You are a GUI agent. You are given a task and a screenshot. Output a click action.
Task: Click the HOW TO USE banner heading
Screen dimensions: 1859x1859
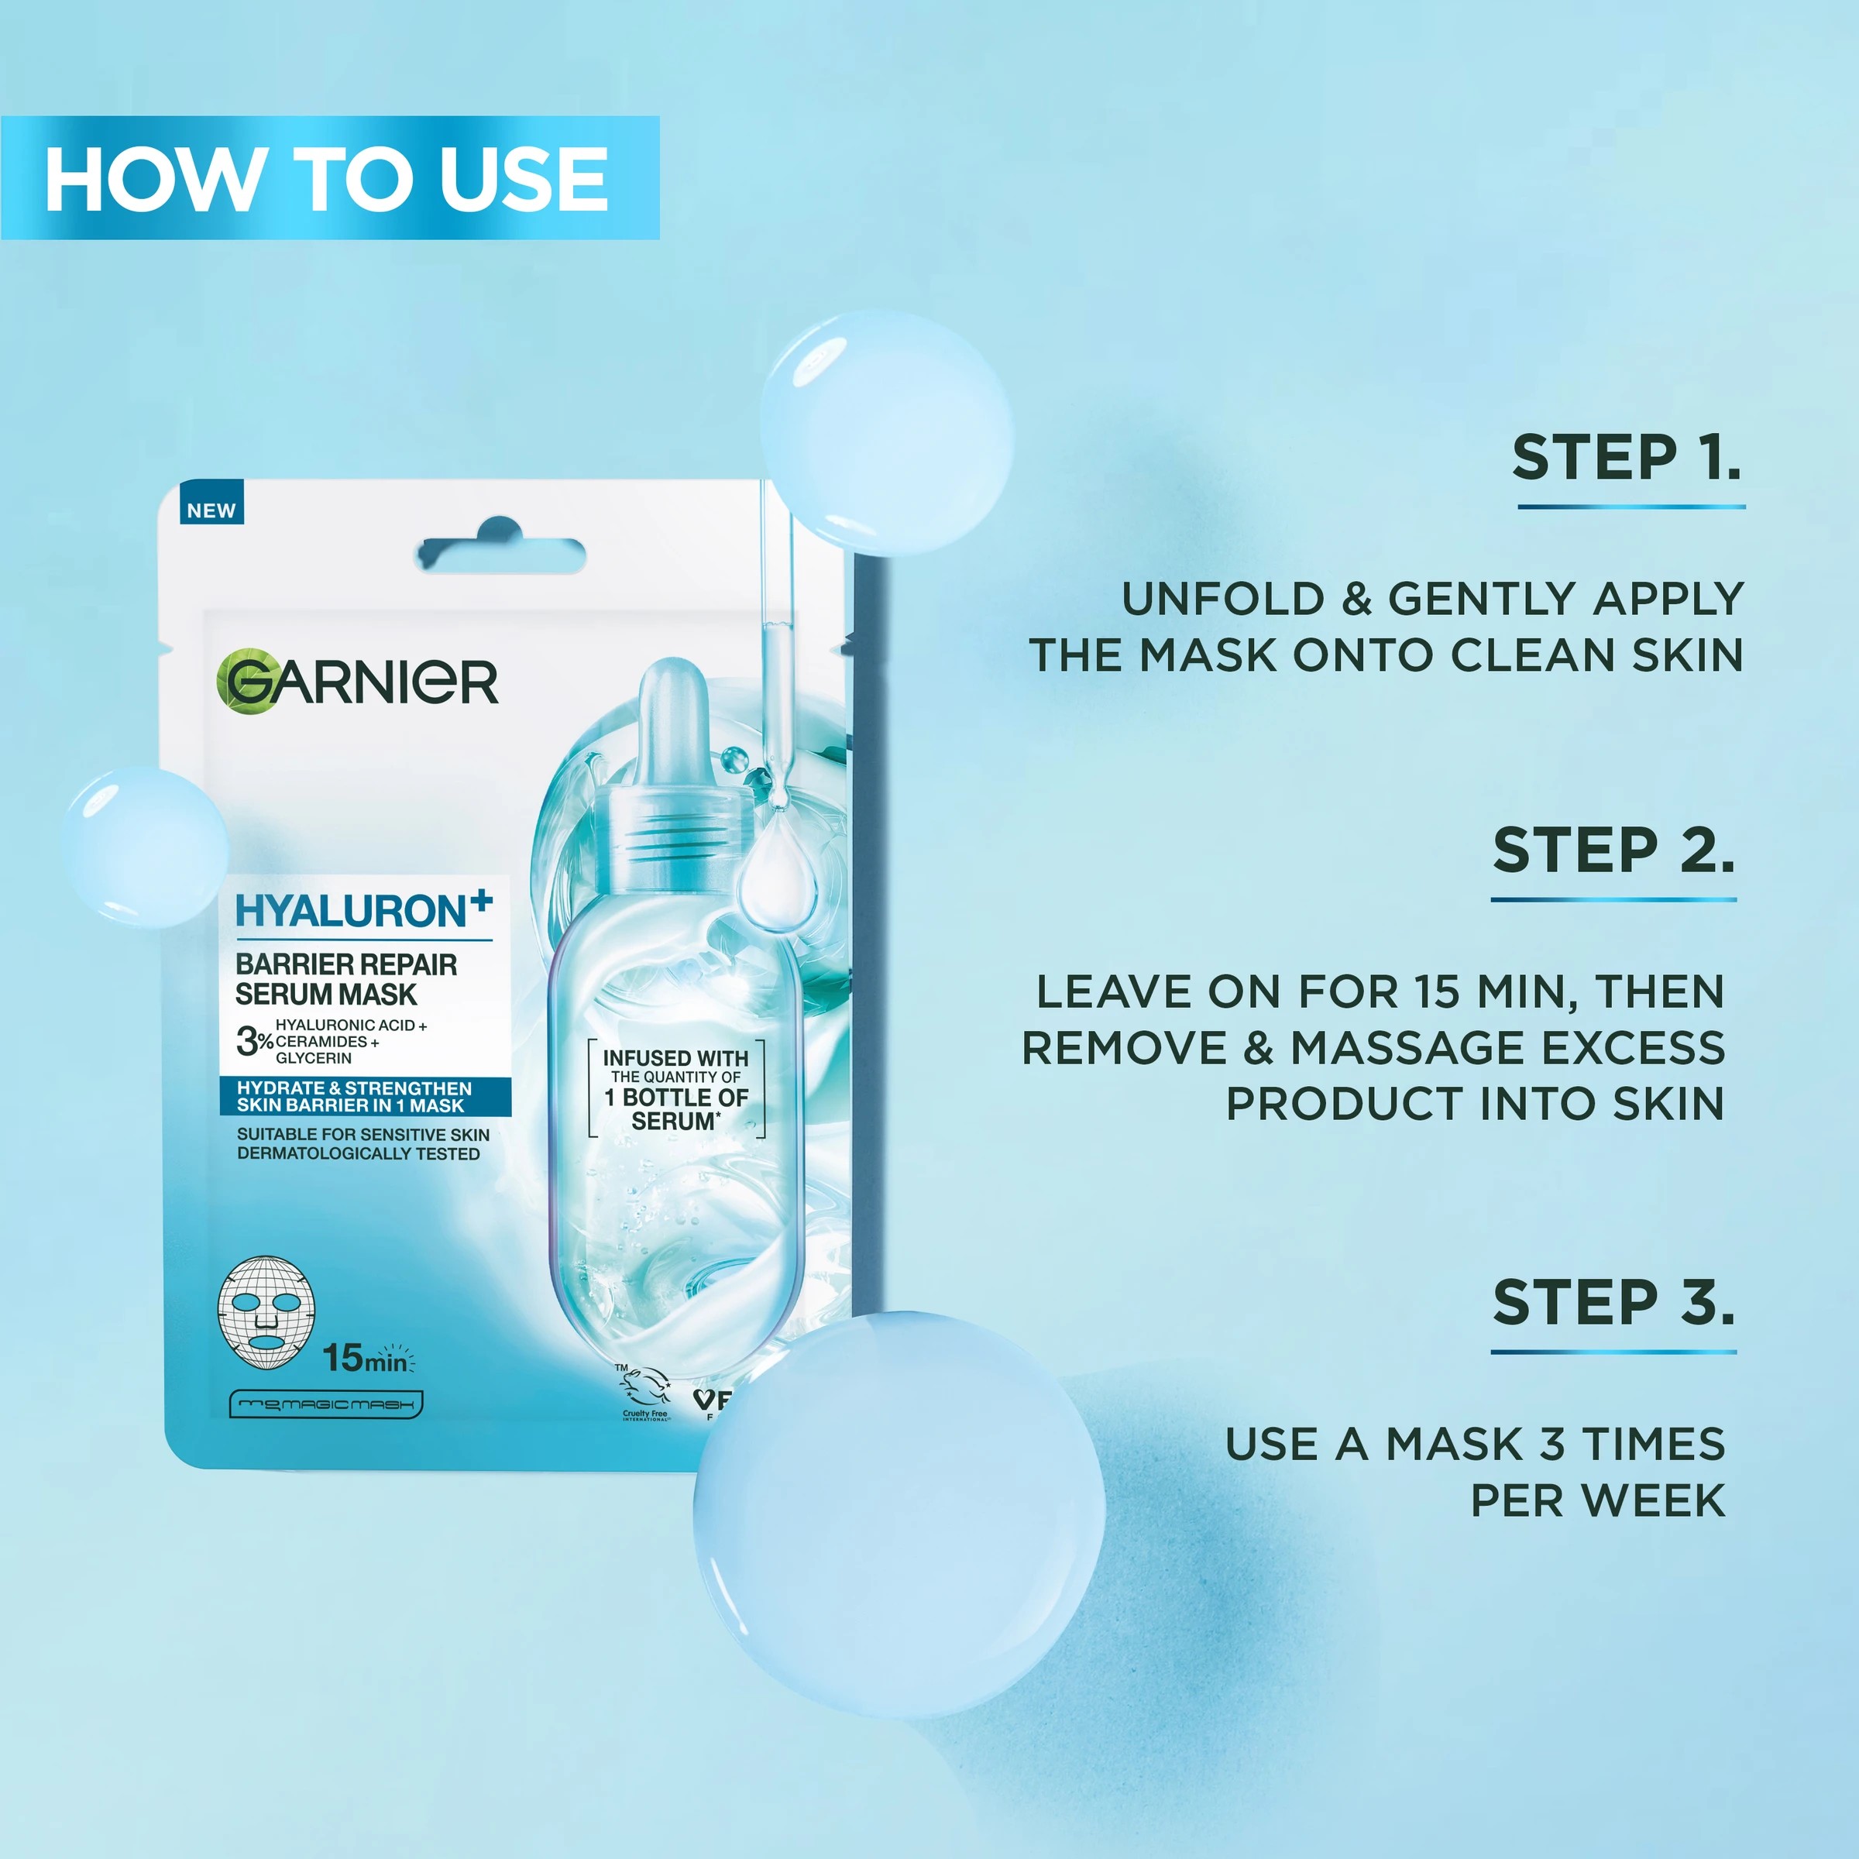327,179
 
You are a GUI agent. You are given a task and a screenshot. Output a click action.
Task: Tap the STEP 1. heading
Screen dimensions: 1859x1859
1626,457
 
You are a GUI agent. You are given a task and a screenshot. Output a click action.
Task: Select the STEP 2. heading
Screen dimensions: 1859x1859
1613,850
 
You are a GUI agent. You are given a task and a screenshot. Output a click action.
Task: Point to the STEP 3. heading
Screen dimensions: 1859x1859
1613,1303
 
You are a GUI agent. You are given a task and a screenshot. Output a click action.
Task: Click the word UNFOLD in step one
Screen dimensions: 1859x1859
1223,600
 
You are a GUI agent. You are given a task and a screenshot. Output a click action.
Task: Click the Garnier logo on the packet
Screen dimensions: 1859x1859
357,682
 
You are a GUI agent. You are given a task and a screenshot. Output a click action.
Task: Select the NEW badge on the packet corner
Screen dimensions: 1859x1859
211,510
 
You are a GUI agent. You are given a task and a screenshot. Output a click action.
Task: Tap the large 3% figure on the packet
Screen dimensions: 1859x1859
254,1041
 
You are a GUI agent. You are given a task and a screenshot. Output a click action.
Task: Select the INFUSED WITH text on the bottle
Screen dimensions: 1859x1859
675,1058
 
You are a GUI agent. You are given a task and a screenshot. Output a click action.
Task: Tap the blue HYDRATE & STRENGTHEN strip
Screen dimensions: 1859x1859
365,1096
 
